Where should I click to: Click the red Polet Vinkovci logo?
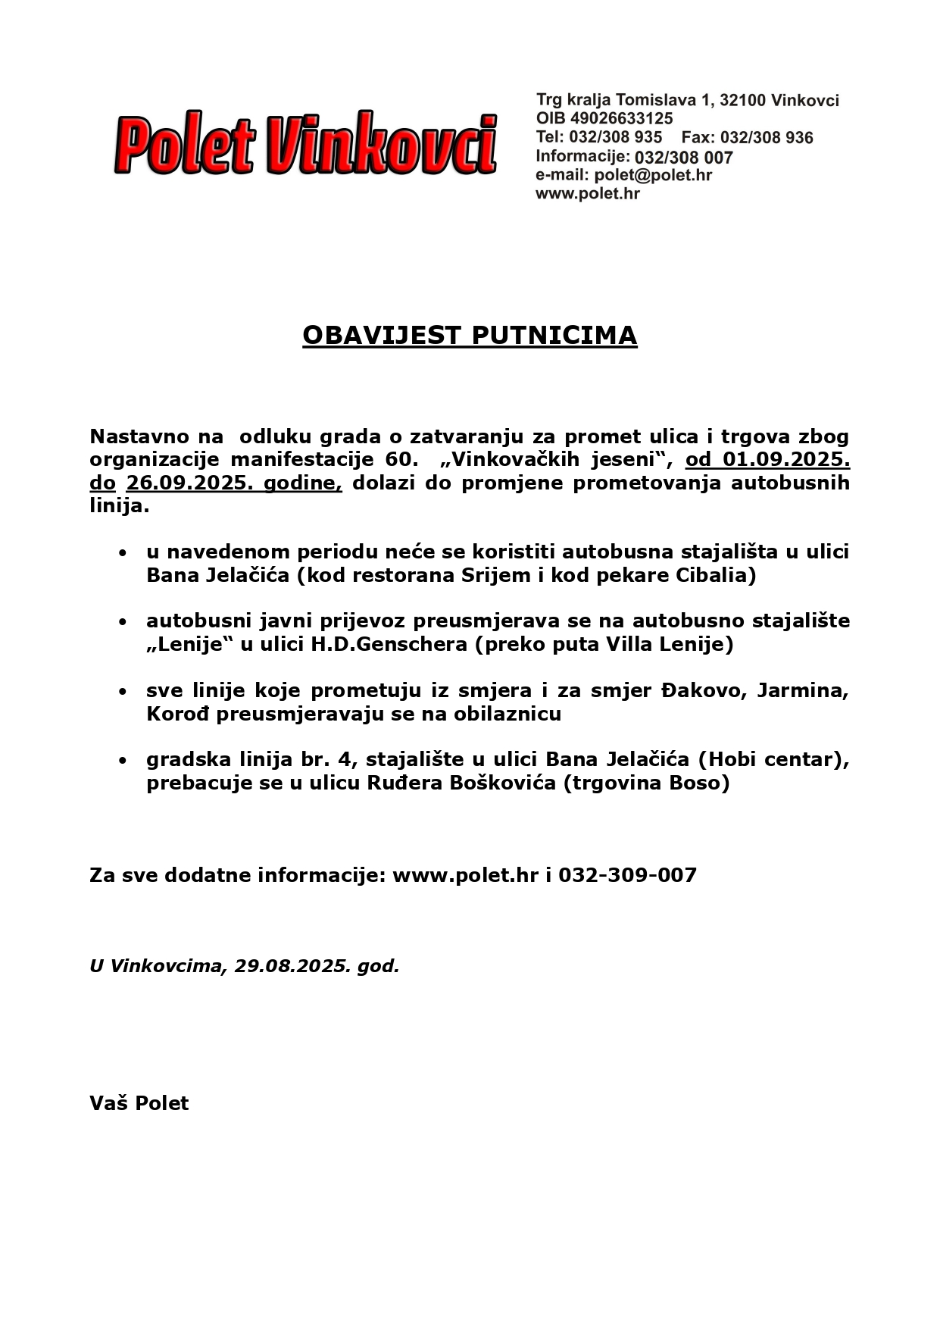[305, 144]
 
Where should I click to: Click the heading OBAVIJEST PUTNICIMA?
[470, 335]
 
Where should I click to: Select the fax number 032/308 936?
[767, 138]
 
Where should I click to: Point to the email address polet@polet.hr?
[653, 176]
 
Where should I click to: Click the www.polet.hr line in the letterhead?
[588, 194]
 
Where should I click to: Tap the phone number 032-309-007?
[627, 876]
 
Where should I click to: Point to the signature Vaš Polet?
[139, 1103]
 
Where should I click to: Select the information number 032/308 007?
[683, 158]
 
